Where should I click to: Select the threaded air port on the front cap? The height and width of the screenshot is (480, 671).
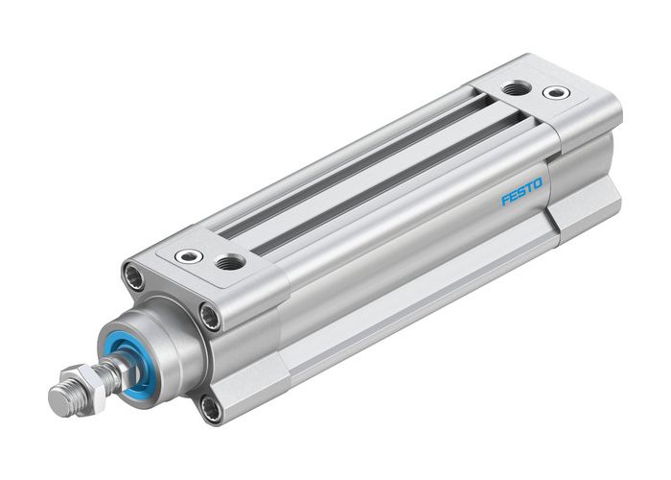[x=229, y=261]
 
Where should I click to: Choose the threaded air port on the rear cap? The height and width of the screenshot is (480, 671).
[x=517, y=88]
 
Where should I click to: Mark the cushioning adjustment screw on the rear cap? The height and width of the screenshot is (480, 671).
[x=555, y=93]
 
